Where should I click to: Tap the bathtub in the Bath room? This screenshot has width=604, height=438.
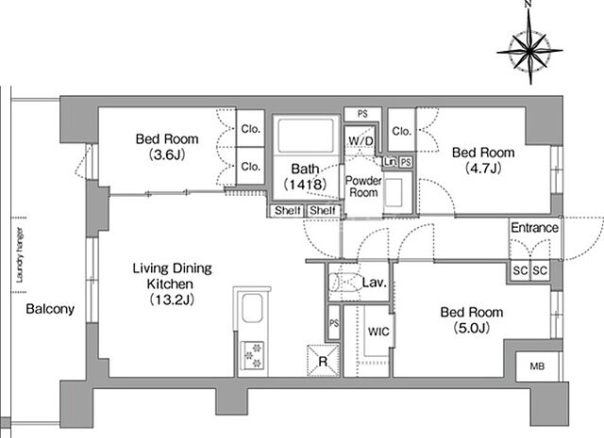coord(306,136)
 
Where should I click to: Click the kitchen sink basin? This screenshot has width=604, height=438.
coord(252,308)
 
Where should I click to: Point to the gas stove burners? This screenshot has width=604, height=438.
coord(252,354)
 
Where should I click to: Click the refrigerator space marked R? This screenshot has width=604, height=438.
coord(323,361)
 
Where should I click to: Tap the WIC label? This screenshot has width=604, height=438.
coord(378,332)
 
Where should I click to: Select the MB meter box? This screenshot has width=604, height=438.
coord(538,366)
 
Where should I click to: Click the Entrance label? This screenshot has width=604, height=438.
coord(535,228)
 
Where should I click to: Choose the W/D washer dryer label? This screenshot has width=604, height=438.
coord(361,140)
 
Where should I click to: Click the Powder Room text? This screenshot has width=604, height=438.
coord(363,187)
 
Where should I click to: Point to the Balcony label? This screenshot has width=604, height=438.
coord(50,309)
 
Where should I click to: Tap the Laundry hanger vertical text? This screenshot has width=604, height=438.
coord(19,255)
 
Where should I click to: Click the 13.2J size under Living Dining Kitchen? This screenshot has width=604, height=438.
coord(172,300)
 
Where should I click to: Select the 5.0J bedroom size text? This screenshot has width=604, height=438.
coord(472,328)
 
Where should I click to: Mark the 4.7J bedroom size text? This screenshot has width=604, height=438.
coord(483,168)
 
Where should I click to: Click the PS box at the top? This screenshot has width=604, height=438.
coord(362,114)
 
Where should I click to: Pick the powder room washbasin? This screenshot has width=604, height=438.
coord(394,192)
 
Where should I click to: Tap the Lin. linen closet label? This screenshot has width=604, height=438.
coord(390,162)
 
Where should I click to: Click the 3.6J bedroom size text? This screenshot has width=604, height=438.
coord(167,154)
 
